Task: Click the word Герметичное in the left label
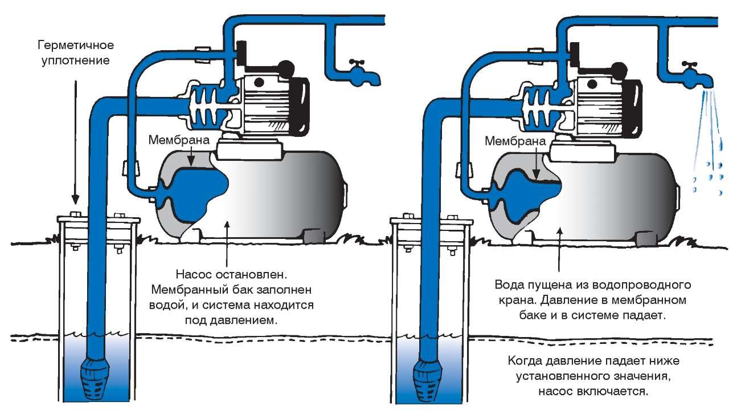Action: pyautogui.click(x=73, y=44)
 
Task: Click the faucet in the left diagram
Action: pyautogui.click(x=357, y=73)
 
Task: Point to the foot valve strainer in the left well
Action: pyautogui.click(x=94, y=377)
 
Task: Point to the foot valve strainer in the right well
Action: pyautogui.click(x=428, y=377)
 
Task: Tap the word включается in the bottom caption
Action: pyautogui.click(x=616, y=392)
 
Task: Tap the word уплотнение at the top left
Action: pyautogui.click(x=72, y=59)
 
